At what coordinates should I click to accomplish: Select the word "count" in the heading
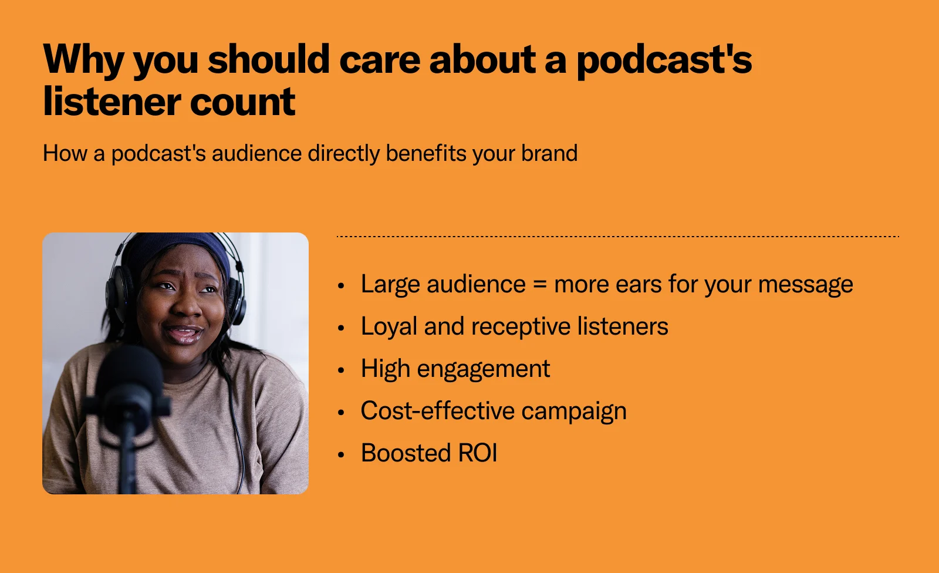point(243,102)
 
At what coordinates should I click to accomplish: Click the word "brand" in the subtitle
point(549,153)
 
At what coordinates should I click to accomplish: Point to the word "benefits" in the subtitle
point(426,153)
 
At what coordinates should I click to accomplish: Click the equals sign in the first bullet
point(540,284)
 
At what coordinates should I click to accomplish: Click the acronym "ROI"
point(478,453)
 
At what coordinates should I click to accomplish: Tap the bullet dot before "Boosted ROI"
point(341,454)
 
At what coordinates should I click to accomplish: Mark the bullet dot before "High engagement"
point(341,370)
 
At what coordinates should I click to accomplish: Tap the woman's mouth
point(184,334)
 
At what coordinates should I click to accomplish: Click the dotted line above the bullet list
point(618,237)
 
